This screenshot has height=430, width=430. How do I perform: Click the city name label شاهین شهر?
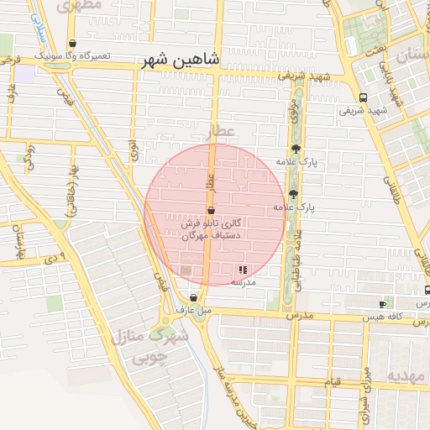[x=186, y=60]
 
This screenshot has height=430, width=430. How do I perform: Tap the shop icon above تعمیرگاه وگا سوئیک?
[x=73, y=44]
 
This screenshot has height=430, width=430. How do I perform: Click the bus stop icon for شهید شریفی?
[x=363, y=97]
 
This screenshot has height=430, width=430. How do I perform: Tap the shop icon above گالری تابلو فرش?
[x=210, y=211]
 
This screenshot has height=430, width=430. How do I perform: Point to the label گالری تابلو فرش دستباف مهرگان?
[x=212, y=230]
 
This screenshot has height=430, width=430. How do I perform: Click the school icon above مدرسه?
[x=243, y=270]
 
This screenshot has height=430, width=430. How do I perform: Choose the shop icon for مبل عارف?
[x=194, y=297]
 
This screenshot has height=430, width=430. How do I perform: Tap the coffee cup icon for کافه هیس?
[x=383, y=303]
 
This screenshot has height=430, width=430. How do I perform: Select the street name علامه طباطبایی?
[x=296, y=256]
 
